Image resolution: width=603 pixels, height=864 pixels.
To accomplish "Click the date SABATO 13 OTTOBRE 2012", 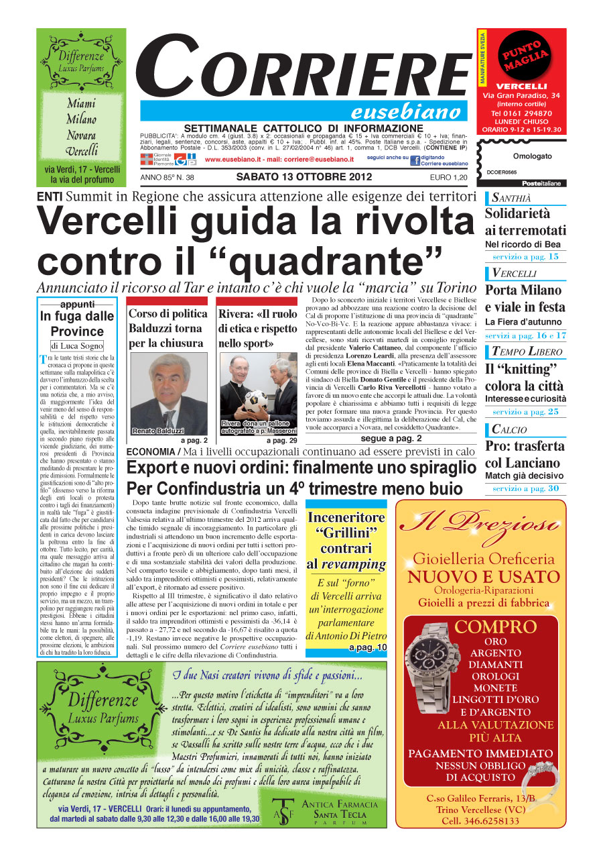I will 300,177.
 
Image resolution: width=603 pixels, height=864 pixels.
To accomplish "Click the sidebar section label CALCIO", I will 509,429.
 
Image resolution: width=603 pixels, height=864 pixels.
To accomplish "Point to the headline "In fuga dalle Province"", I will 77,323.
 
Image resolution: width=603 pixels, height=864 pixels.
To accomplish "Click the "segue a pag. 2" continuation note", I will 391,439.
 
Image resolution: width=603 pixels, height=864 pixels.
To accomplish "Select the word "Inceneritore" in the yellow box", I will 346,517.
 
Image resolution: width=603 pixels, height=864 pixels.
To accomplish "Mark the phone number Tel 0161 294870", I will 521,113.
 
